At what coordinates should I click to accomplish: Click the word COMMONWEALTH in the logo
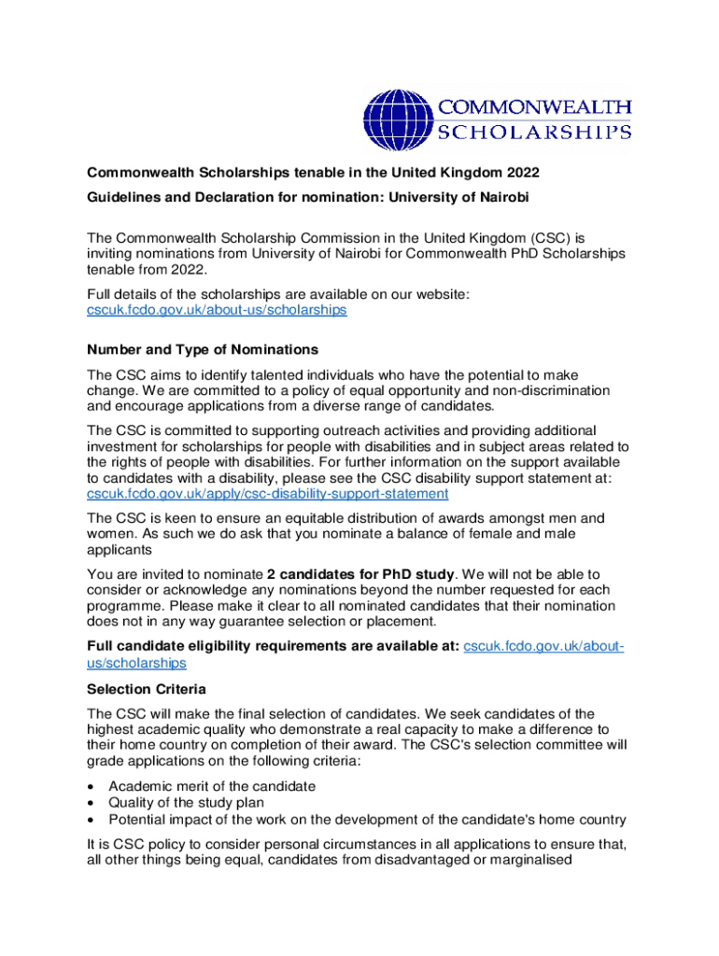pyautogui.click(x=535, y=108)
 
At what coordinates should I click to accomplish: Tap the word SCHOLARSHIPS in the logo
pyautogui.click(x=535, y=133)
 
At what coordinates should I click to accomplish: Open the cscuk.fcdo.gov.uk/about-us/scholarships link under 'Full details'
pyautogui.click(x=217, y=309)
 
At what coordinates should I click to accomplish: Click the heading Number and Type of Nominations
pyautogui.click(x=203, y=349)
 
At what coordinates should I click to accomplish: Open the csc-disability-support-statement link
pyautogui.click(x=267, y=493)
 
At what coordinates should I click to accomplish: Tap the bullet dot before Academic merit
pyautogui.click(x=90, y=786)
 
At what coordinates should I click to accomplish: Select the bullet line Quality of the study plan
pyautogui.click(x=186, y=802)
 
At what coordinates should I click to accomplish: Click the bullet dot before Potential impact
pyautogui.click(x=90, y=820)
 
